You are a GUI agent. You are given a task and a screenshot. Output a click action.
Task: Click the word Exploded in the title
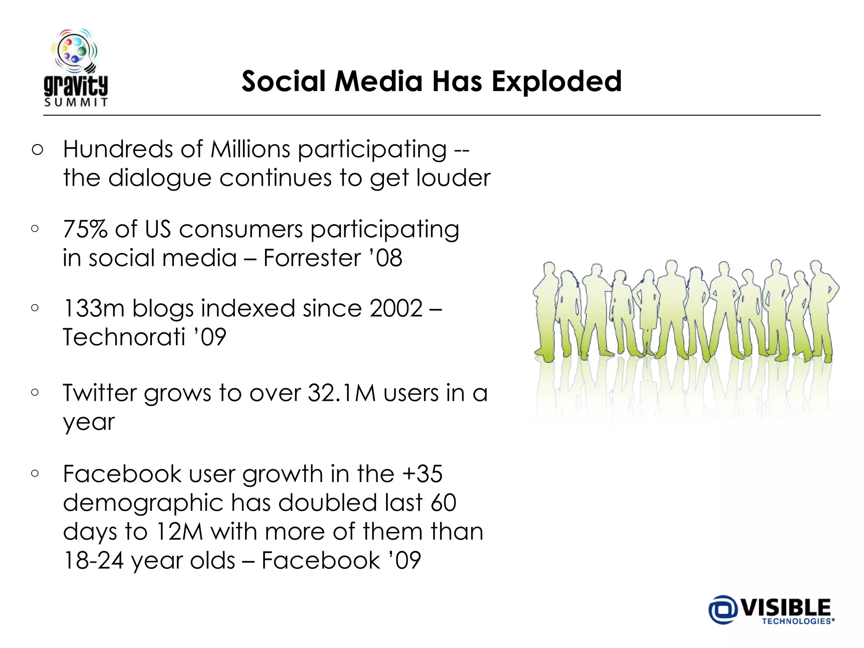pos(556,81)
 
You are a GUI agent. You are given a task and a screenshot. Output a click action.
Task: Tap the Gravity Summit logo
pos(76,67)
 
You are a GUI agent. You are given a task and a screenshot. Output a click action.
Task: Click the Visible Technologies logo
pos(771,610)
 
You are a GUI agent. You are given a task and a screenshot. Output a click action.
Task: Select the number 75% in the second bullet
pos(85,229)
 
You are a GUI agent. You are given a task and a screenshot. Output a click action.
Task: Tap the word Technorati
pos(124,337)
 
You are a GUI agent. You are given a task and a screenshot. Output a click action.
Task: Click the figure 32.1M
pos(342,393)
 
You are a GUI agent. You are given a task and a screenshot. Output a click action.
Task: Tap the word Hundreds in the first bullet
pos(118,149)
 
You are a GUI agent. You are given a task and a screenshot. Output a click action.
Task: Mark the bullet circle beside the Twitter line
pos(35,393)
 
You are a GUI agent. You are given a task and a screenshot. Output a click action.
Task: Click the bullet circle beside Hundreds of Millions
pos(37,150)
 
